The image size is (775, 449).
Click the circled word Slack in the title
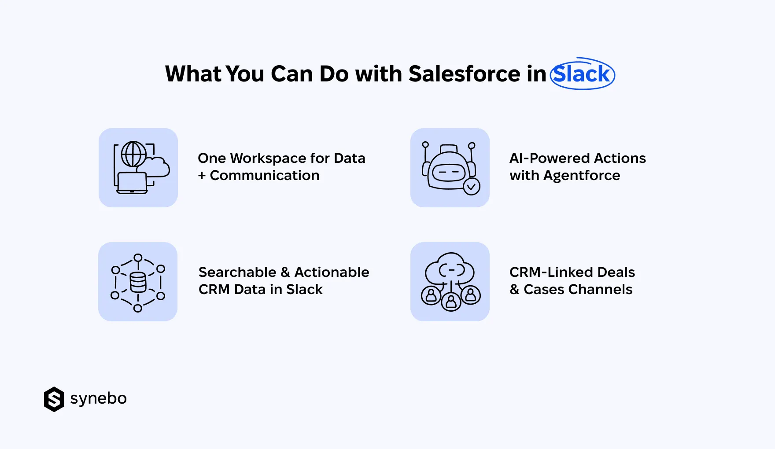point(582,74)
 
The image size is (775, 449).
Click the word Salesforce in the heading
point(464,74)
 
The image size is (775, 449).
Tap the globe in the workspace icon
point(133,154)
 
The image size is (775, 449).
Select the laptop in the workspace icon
point(132,183)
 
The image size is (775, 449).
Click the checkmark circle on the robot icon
point(471,187)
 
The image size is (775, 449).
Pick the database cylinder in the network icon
point(138,282)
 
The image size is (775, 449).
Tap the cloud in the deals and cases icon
point(450,269)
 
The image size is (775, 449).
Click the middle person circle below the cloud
point(451,302)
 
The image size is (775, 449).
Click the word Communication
point(265,176)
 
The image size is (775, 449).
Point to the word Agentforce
point(581,176)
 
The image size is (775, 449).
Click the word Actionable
point(332,272)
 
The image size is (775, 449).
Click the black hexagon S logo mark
point(54,399)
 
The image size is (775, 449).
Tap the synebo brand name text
point(98,399)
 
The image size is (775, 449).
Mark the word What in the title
point(192,74)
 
